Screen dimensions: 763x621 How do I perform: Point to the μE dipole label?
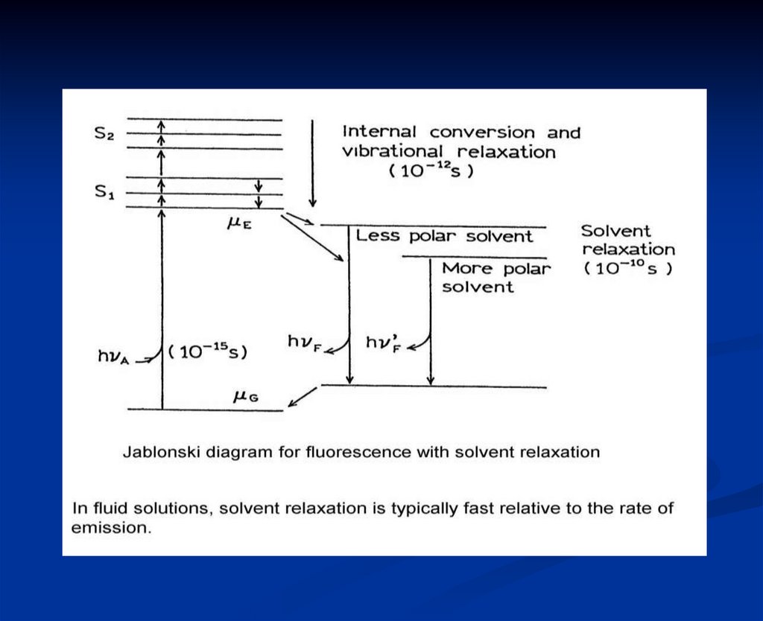(x=240, y=222)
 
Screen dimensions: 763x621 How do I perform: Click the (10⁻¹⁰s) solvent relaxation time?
(x=627, y=268)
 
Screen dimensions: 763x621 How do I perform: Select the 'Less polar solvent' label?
(x=444, y=237)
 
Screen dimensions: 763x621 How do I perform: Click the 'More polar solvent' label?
(x=496, y=277)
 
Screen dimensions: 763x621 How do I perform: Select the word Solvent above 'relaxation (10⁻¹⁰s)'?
(x=615, y=231)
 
